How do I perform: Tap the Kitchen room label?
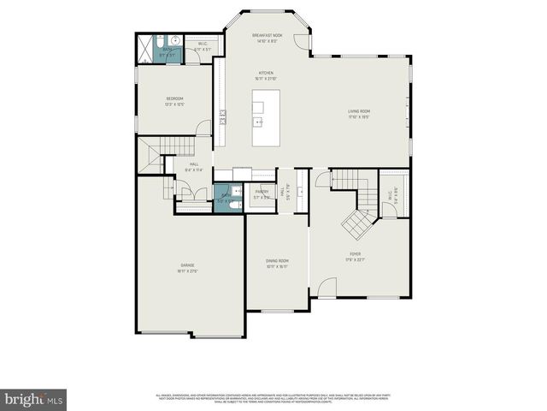point(267,76)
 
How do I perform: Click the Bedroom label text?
point(174,101)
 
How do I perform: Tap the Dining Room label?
point(277,263)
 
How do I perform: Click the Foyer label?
point(355,255)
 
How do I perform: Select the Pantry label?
point(262,194)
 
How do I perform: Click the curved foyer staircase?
point(356,224)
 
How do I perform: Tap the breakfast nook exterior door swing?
point(299,41)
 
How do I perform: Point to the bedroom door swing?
point(203,128)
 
